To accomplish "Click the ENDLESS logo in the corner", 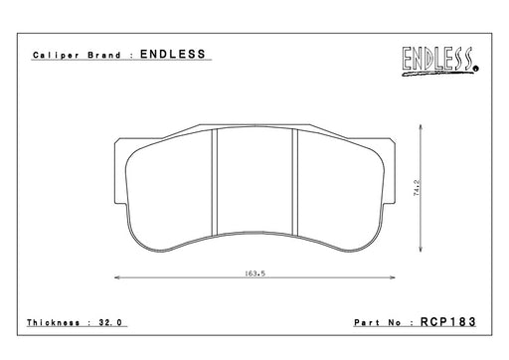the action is (x=439, y=61).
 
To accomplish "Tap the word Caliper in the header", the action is (x=56, y=55).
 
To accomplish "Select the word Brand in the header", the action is (x=104, y=55).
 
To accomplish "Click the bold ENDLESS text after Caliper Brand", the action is (x=173, y=54).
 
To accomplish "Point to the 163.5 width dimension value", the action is (x=255, y=273).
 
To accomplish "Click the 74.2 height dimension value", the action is (x=417, y=188).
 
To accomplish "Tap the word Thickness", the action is (x=53, y=322).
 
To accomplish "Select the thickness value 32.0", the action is (x=110, y=322).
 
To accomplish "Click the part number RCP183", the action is (x=448, y=321).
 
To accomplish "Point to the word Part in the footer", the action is (x=367, y=322).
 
